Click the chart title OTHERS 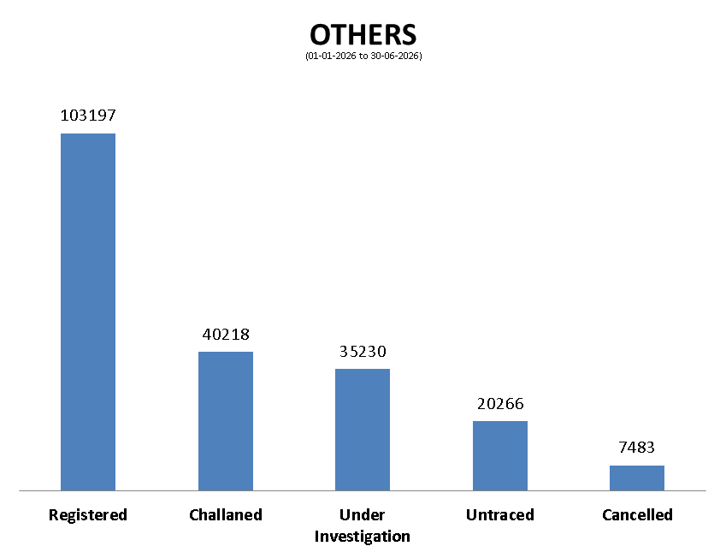363,35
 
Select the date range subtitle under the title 363,56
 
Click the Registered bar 88,312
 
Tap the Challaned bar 226,421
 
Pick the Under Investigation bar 363,430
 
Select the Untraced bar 500,455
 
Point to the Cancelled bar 636,478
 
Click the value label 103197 88,115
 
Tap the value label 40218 226,334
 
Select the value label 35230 363,351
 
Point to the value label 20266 500,404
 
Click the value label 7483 636,448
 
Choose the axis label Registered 88,515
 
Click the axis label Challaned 226,514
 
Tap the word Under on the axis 362,514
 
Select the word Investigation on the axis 362,537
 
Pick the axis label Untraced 500,514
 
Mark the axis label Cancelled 637,514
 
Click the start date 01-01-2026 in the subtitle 332,56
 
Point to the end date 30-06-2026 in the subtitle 394,56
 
